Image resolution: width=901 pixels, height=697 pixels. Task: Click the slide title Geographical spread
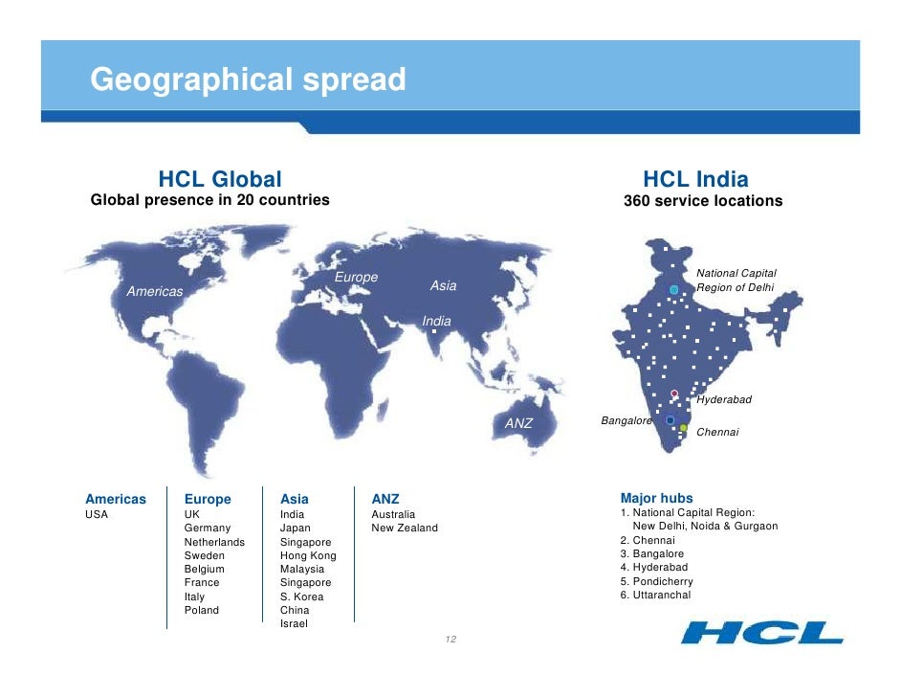[248, 79]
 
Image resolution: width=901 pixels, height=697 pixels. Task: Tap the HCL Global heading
[220, 179]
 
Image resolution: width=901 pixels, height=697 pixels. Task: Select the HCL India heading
[695, 179]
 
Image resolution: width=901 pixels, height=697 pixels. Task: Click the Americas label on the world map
[155, 291]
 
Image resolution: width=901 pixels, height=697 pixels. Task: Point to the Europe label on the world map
[356, 278]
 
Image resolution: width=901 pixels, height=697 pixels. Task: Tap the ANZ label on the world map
[518, 423]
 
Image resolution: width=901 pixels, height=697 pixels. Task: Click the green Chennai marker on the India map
[684, 428]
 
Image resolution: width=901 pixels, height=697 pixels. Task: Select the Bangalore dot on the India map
[670, 420]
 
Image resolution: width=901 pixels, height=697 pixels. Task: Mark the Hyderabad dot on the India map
[674, 393]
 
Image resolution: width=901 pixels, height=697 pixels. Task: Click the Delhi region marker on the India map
[674, 289]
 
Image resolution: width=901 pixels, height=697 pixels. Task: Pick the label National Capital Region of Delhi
[736, 281]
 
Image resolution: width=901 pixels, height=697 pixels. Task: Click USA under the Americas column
[97, 514]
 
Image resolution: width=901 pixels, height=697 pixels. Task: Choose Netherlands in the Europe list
[214, 542]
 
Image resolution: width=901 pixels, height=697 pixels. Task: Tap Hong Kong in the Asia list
[308, 555]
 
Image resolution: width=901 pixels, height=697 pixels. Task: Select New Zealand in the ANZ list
[405, 528]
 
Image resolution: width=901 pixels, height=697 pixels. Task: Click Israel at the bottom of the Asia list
[294, 624]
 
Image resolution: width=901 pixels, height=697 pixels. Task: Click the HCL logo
[761, 633]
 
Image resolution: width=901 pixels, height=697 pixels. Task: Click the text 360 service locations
[702, 201]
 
